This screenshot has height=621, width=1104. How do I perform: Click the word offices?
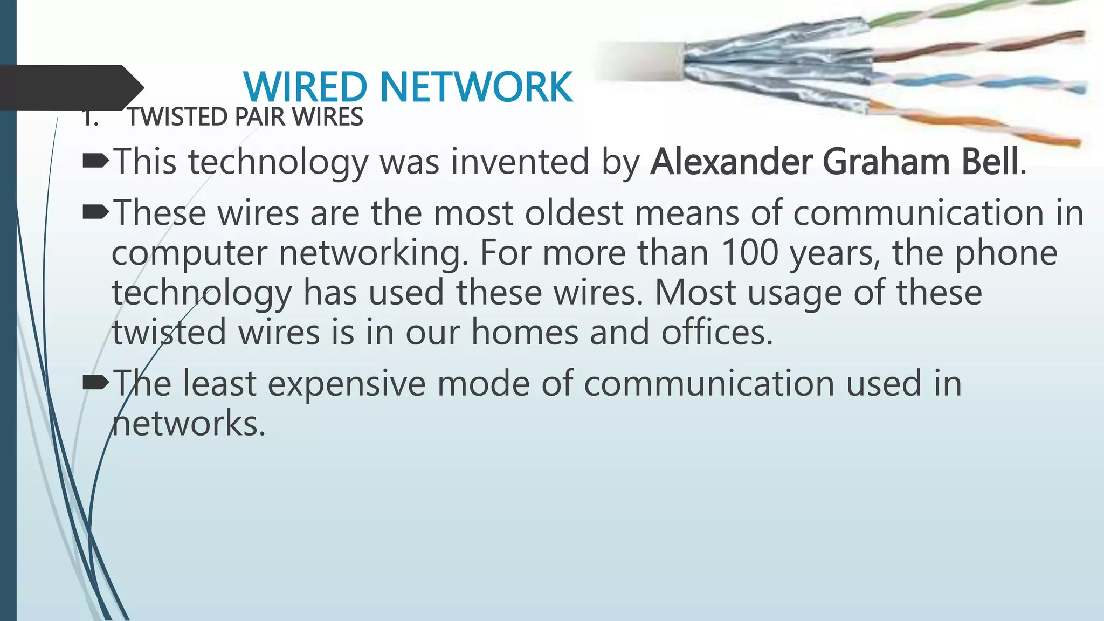[717, 332]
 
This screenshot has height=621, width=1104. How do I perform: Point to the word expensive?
[346, 384]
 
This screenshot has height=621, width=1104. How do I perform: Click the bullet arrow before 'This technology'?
[96, 160]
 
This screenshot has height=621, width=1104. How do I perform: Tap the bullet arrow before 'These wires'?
[96, 212]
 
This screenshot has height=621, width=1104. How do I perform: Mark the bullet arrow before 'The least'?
[96, 382]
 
